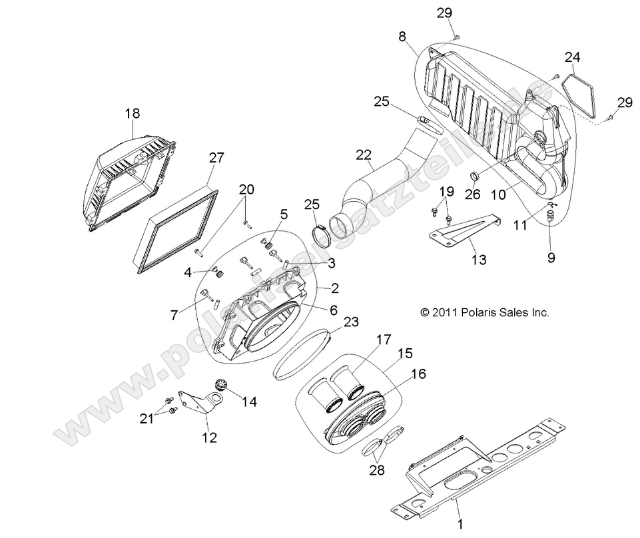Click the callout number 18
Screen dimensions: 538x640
(x=133, y=113)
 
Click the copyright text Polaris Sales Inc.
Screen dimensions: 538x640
(x=485, y=312)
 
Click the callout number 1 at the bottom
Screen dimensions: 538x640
(x=458, y=517)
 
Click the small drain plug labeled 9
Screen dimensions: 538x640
(x=551, y=216)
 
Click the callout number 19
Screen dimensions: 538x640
(x=446, y=192)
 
